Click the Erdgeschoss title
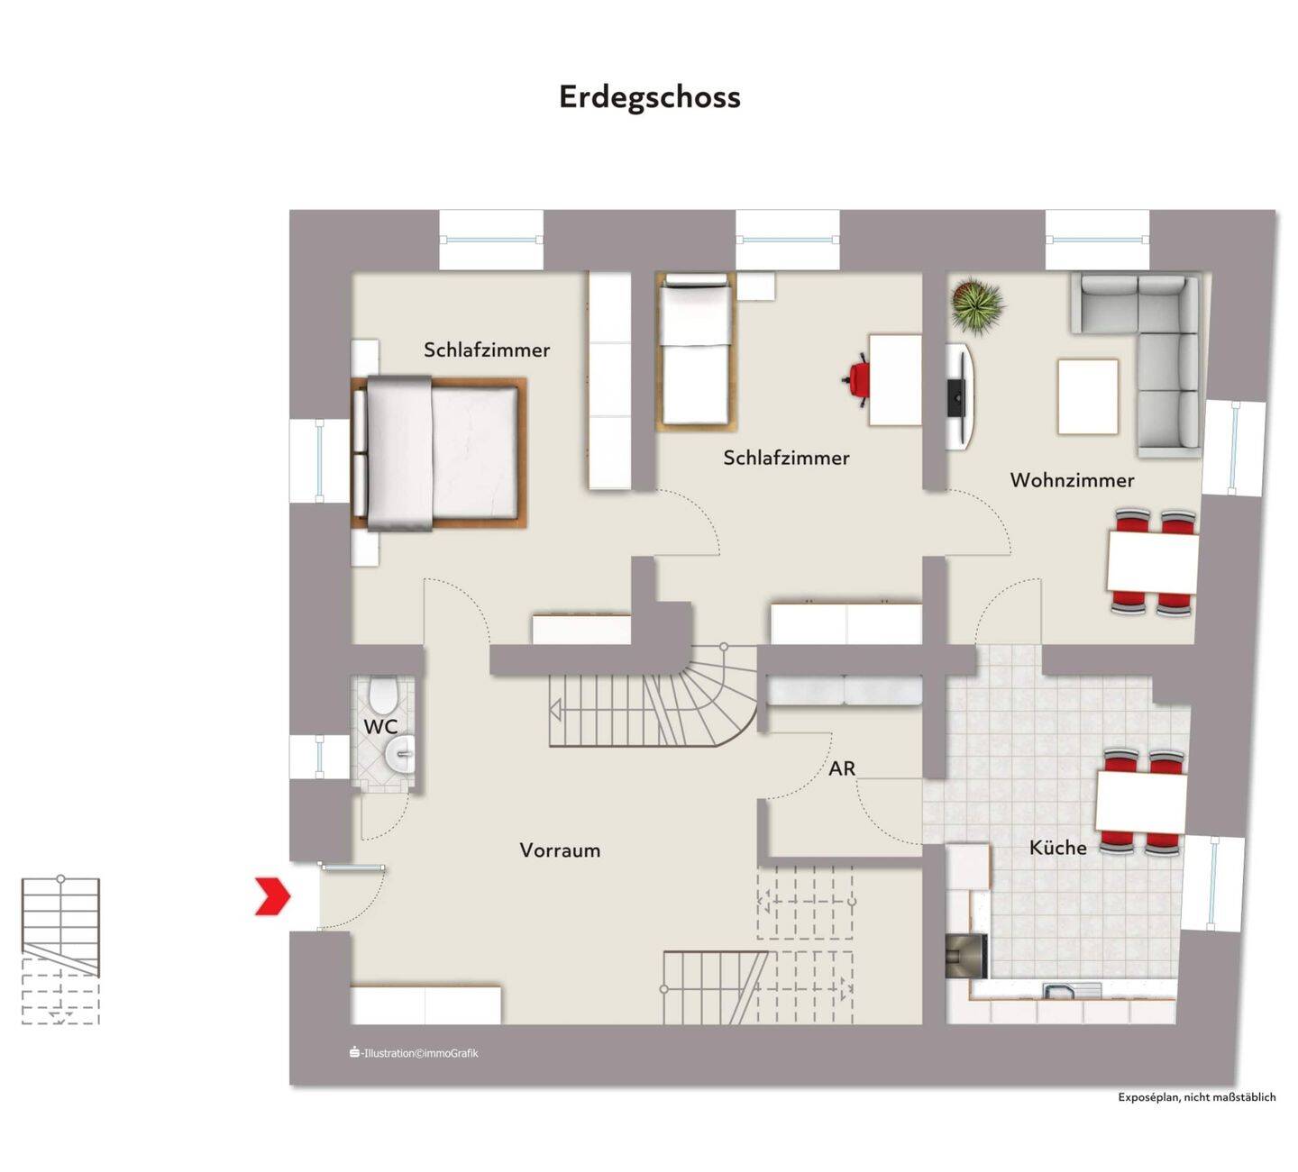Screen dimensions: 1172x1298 coord(649,96)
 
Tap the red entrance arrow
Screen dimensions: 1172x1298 coord(272,895)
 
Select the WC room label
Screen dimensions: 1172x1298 coord(379,726)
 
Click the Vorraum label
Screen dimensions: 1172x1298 coord(560,850)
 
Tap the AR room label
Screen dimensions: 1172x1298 coord(842,768)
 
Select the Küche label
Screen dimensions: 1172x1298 coord(1057,848)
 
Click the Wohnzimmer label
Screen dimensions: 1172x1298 coord(1072,480)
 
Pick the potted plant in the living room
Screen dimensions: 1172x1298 coord(977,305)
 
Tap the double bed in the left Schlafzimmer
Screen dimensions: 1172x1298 coord(438,452)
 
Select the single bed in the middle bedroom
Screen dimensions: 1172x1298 coord(694,351)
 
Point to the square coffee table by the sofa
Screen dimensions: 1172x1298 coord(1087,396)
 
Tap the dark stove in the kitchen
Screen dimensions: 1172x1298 coord(966,956)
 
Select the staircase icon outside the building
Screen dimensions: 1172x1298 coord(60,950)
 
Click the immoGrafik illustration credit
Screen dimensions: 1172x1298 coord(415,1052)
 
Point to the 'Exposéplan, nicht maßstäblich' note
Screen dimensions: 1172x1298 coord(1196,1097)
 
